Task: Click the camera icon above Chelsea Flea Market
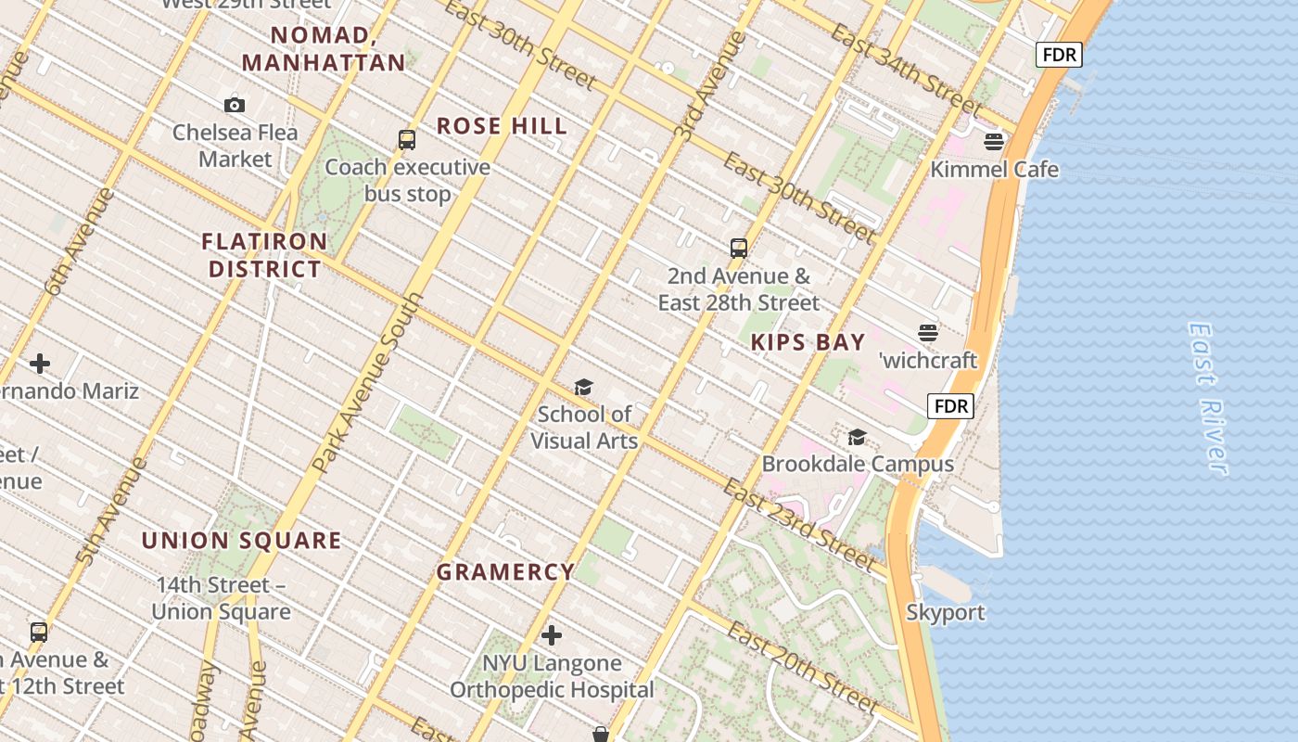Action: (x=235, y=105)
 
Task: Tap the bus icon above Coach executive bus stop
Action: (x=406, y=140)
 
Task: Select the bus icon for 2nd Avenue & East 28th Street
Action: (x=739, y=248)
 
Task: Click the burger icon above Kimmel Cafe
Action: (x=994, y=142)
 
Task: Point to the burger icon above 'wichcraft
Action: (x=928, y=332)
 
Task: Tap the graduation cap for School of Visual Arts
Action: (x=583, y=387)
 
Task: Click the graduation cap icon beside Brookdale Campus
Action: (x=857, y=437)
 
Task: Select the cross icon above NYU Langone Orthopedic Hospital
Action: (x=552, y=635)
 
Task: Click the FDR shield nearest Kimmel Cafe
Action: (x=1059, y=55)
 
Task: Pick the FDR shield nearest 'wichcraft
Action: (x=951, y=406)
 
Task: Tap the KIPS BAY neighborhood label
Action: (x=808, y=342)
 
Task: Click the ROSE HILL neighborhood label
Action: (x=502, y=126)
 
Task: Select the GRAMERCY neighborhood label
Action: (x=506, y=572)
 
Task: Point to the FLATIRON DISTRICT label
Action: (x=265, y=255)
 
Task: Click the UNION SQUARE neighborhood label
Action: (x=242, y=541)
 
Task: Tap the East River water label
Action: (x=1209, y=399)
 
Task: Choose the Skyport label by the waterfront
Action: (x=946, y=612)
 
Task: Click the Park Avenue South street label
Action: (x=367, y=383)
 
